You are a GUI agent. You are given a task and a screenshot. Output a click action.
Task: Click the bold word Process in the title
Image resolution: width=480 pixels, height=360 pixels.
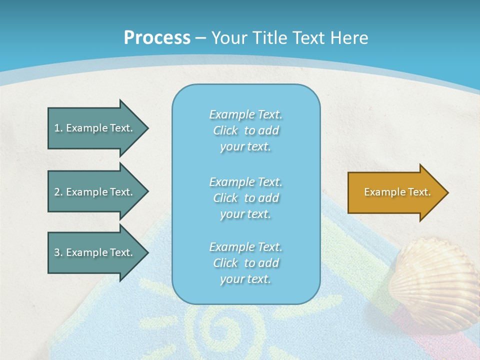pyautogui.click(x=157, y=38)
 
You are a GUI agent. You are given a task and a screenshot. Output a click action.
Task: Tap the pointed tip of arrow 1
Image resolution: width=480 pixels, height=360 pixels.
pyautogui.click(x=147, y=128)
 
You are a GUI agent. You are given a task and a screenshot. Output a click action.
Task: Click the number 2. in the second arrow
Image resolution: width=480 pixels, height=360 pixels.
pyautogui.click(x=58, y=192)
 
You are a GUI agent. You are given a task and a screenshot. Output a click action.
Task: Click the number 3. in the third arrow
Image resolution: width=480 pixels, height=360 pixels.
pyautogui.click(x=58, y=252)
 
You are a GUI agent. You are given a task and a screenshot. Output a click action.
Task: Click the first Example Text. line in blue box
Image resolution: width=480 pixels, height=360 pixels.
pyautogui.click(x=245, y=114)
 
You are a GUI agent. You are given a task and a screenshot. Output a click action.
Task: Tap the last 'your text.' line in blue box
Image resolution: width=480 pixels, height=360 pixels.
pyautogui.click(x=245, y=279)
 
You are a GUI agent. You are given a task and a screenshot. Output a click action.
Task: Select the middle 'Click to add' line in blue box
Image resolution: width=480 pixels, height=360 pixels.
pyautogui.click(x=245, y=198)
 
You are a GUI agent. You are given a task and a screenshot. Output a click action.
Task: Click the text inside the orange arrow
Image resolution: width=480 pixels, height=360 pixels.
pyautogui.click(x=397, y=192)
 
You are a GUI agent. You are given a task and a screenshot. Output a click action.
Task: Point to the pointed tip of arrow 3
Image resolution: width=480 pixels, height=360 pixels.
pyautogui.click(x=147, y=252)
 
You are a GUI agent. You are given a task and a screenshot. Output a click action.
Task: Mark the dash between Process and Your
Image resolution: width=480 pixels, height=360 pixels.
pyautogui.click(x=200, y=38)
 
